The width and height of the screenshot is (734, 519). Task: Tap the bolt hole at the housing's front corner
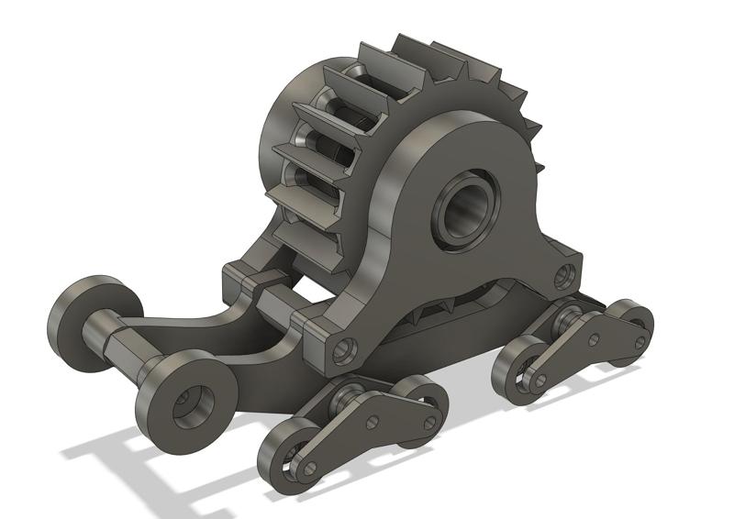(344, 348)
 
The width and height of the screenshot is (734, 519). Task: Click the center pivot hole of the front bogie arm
(373, 423)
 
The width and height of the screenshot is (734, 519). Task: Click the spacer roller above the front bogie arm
(349, 395)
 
